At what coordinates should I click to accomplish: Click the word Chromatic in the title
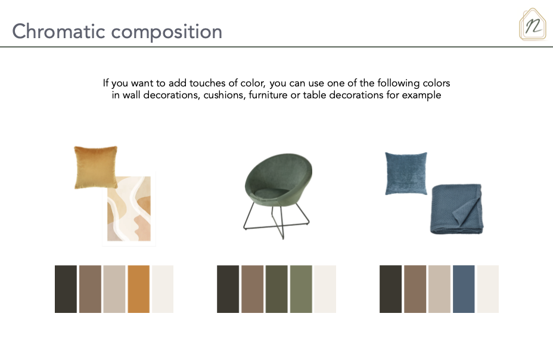[58, 31]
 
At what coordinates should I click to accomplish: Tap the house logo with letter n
[533, 24]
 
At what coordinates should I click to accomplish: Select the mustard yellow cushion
[95, 167]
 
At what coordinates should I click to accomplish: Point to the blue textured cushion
[406, 173]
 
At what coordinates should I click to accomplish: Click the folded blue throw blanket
[456, 209]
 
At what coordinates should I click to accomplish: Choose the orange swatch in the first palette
[139, 289]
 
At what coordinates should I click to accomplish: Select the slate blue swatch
[464, 289]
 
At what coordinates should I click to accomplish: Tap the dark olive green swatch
[276, 289]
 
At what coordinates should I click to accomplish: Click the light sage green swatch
[301, 289]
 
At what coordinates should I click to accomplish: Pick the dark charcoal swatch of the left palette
[66, 289]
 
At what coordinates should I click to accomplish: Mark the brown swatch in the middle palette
[252, 289]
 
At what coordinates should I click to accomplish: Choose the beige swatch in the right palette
[439, 289]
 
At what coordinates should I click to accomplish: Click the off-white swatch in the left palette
[163, 289]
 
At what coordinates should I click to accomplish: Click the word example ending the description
[421, 95]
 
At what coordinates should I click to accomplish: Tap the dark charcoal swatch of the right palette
[390, 289]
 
